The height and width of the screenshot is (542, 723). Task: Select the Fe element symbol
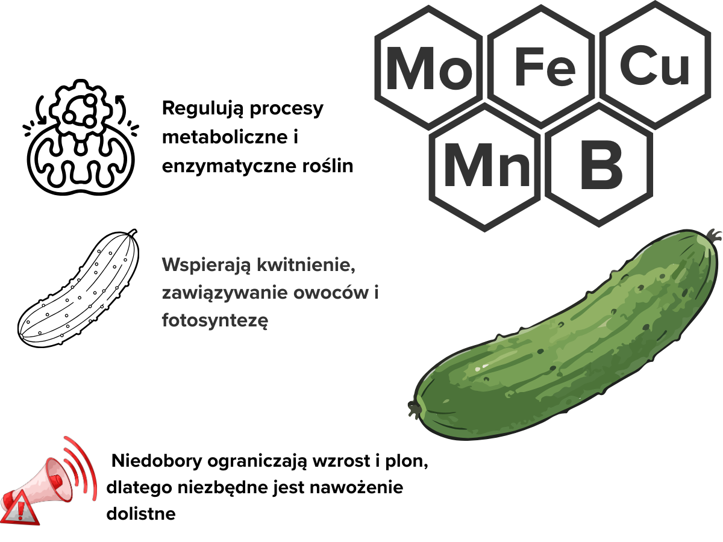pyautogui.click(x=545, y=67)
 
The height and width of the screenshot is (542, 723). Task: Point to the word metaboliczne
pyautogui.click(x=225, y=137)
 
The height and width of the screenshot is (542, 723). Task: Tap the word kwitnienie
pyautogui.click(x=305, y=264)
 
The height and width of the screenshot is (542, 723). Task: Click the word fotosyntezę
pyautogui.click(x=214, y=320)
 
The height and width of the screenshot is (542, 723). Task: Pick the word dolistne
pyautogui.click(x=141, y=513)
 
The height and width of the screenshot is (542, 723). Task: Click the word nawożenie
pyautogui.click(x=356, y=487)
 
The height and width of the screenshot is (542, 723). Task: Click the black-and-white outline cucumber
pyautogui.click(x=78, y=288)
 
